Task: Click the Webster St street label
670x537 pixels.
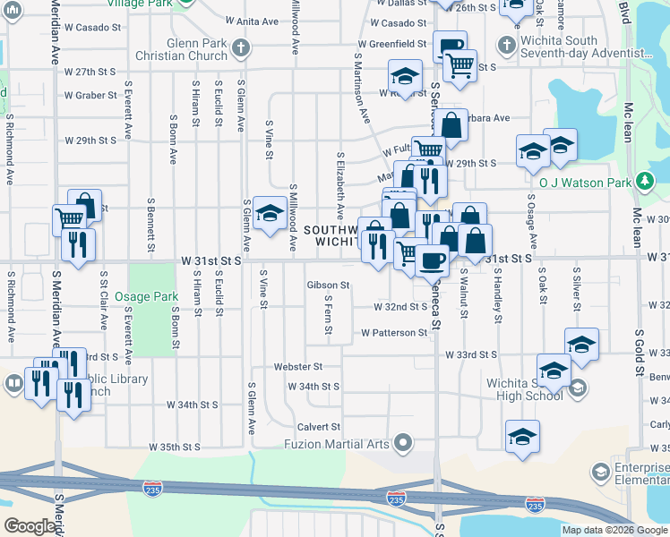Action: [298, 367]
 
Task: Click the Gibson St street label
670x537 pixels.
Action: [327, 286]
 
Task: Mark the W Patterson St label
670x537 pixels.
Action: [394, 333]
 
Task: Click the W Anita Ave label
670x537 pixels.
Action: [253, 21]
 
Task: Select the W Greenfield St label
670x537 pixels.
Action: [391, 43]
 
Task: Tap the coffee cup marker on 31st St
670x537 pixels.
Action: [432, 260]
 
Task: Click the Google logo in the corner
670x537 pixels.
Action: [30, 526]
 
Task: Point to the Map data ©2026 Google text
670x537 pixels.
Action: [614, 530]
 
